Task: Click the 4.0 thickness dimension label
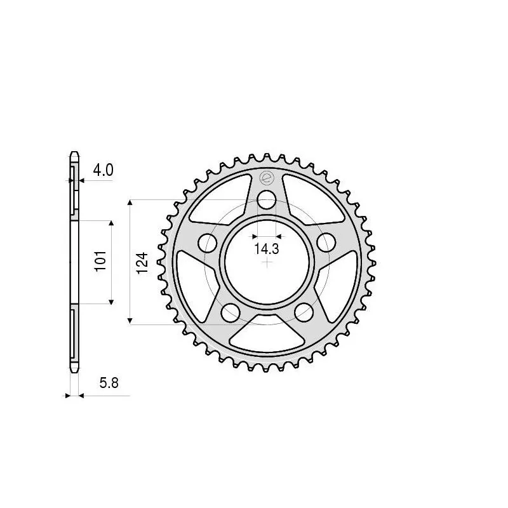pyautogui.click(x=103, y=170)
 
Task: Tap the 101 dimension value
pyautogui.click(x=100, y=262)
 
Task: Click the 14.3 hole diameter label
pyautogui.click(x=266, y=249)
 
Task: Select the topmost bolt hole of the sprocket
pyautogui.click(x=267, y=201)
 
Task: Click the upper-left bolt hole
pyautogui.click(x=206, y=242)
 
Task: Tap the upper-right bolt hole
pyautogui.click(x=326, y=242)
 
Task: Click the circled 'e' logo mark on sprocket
pyautogui.click(x=267, y=178)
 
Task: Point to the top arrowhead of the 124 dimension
pyautogui.click(x=130, y=203)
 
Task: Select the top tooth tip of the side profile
pyautogui.click(x=74, y=154)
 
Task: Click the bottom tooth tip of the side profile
pyautogui.click(x=74, y=371)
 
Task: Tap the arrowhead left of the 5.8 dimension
pyautogui.click(x=68, y=396)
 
